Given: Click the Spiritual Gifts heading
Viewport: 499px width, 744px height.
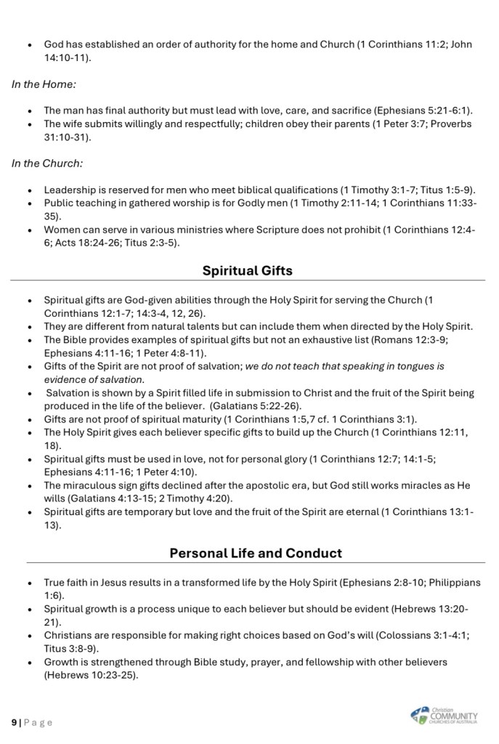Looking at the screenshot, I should [x=247, y=271].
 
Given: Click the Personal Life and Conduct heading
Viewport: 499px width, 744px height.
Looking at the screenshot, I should [x=256, y=553].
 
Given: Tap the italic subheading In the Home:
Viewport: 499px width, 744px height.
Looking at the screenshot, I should [x=44, y=84].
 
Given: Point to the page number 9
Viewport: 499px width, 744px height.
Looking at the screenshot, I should [x=14, y=722].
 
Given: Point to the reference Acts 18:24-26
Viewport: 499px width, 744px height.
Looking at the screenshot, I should [x=97, y=243].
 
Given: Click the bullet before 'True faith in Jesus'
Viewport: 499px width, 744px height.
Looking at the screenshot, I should [x=28, y=583].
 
